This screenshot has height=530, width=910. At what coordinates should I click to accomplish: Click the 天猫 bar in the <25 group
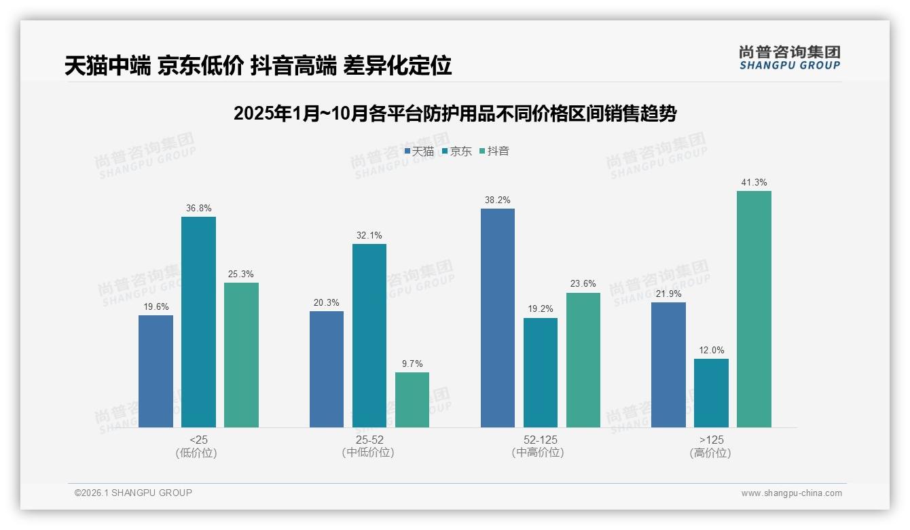coord(156,371)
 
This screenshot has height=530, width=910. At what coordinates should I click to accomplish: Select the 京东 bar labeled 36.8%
coord(198,322)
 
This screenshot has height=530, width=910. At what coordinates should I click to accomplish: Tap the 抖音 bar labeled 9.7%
coord(412,400)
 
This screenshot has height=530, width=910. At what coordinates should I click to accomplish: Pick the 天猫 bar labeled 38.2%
coord(498,318)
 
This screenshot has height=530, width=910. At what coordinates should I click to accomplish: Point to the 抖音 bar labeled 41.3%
coord(754,309)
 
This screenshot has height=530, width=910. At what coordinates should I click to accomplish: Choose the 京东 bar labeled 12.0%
coord(711,393)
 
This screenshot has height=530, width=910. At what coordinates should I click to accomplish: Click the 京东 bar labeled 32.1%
coord(369,336)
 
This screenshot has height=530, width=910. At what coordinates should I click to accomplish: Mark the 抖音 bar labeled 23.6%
coord(583,360)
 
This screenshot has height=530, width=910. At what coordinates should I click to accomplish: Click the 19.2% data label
coord(541,309)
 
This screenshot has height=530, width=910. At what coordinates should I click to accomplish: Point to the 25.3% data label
coord(241,274)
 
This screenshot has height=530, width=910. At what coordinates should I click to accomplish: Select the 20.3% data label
coord(327,303)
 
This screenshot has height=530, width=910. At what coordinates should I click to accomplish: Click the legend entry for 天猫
coord(419,152)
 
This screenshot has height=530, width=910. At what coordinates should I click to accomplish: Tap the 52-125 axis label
coord(541,440)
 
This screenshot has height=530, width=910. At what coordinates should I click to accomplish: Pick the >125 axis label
coord(711,440)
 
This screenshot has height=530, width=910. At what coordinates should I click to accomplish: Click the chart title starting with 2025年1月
coord(455,113)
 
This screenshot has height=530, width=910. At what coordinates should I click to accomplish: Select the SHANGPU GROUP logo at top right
coord(789,58)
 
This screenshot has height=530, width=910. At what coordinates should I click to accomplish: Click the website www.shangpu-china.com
coord(791,493)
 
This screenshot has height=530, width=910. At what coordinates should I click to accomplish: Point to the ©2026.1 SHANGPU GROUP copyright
coord(133,493)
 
